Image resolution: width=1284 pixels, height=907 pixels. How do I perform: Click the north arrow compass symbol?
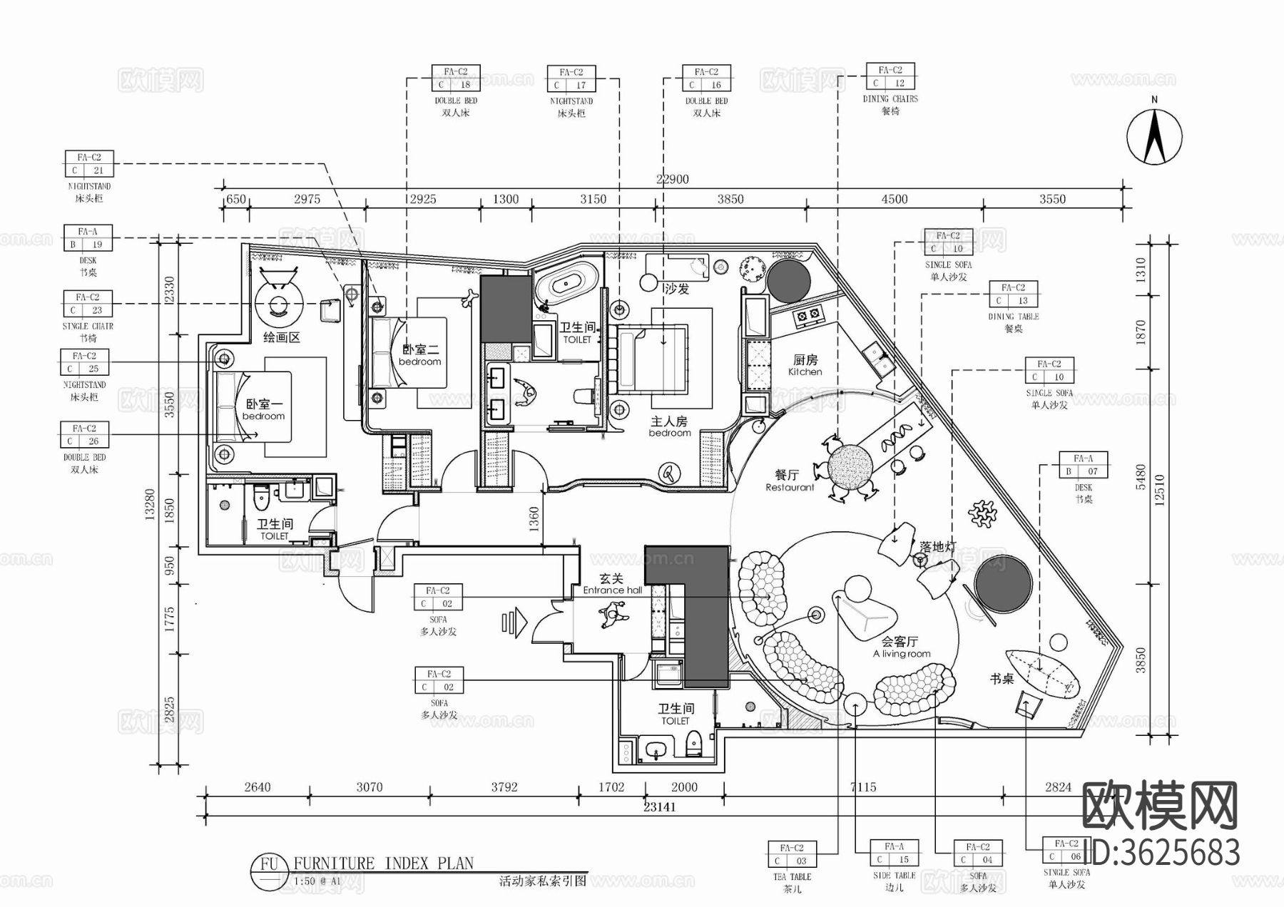pyautogui.click(x=1154, y=135)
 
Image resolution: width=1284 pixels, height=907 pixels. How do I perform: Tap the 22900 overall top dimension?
pyautogui.click(x=672, y=179)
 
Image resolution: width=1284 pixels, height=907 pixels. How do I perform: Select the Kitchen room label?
pyautogui.click(x=805, y=365)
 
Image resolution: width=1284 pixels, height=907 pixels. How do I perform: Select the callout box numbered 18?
pyautogui.click(x=455, y=78)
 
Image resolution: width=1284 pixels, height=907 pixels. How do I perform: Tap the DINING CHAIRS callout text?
pyautogui.click(x=890, y=99)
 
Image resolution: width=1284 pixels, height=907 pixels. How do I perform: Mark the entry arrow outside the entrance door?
pyautogui.click(x=514, y=622)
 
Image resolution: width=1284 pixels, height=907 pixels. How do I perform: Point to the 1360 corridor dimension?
pyautogui.click(x=534, y=519)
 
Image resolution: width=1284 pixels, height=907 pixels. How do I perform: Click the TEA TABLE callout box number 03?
pyautogui.click(x=792, y=854)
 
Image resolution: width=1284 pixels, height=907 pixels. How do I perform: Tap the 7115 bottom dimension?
pyautogui.click(x=863, y=787)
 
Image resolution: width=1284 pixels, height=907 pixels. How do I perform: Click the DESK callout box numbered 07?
pyautogui.click(x=1083, y=465)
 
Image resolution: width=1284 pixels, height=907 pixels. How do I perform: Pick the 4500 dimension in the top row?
pyautogui.click(x=894, y=200)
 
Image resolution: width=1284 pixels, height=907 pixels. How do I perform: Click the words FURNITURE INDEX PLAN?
pyautogui.click(x=383, y=864)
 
